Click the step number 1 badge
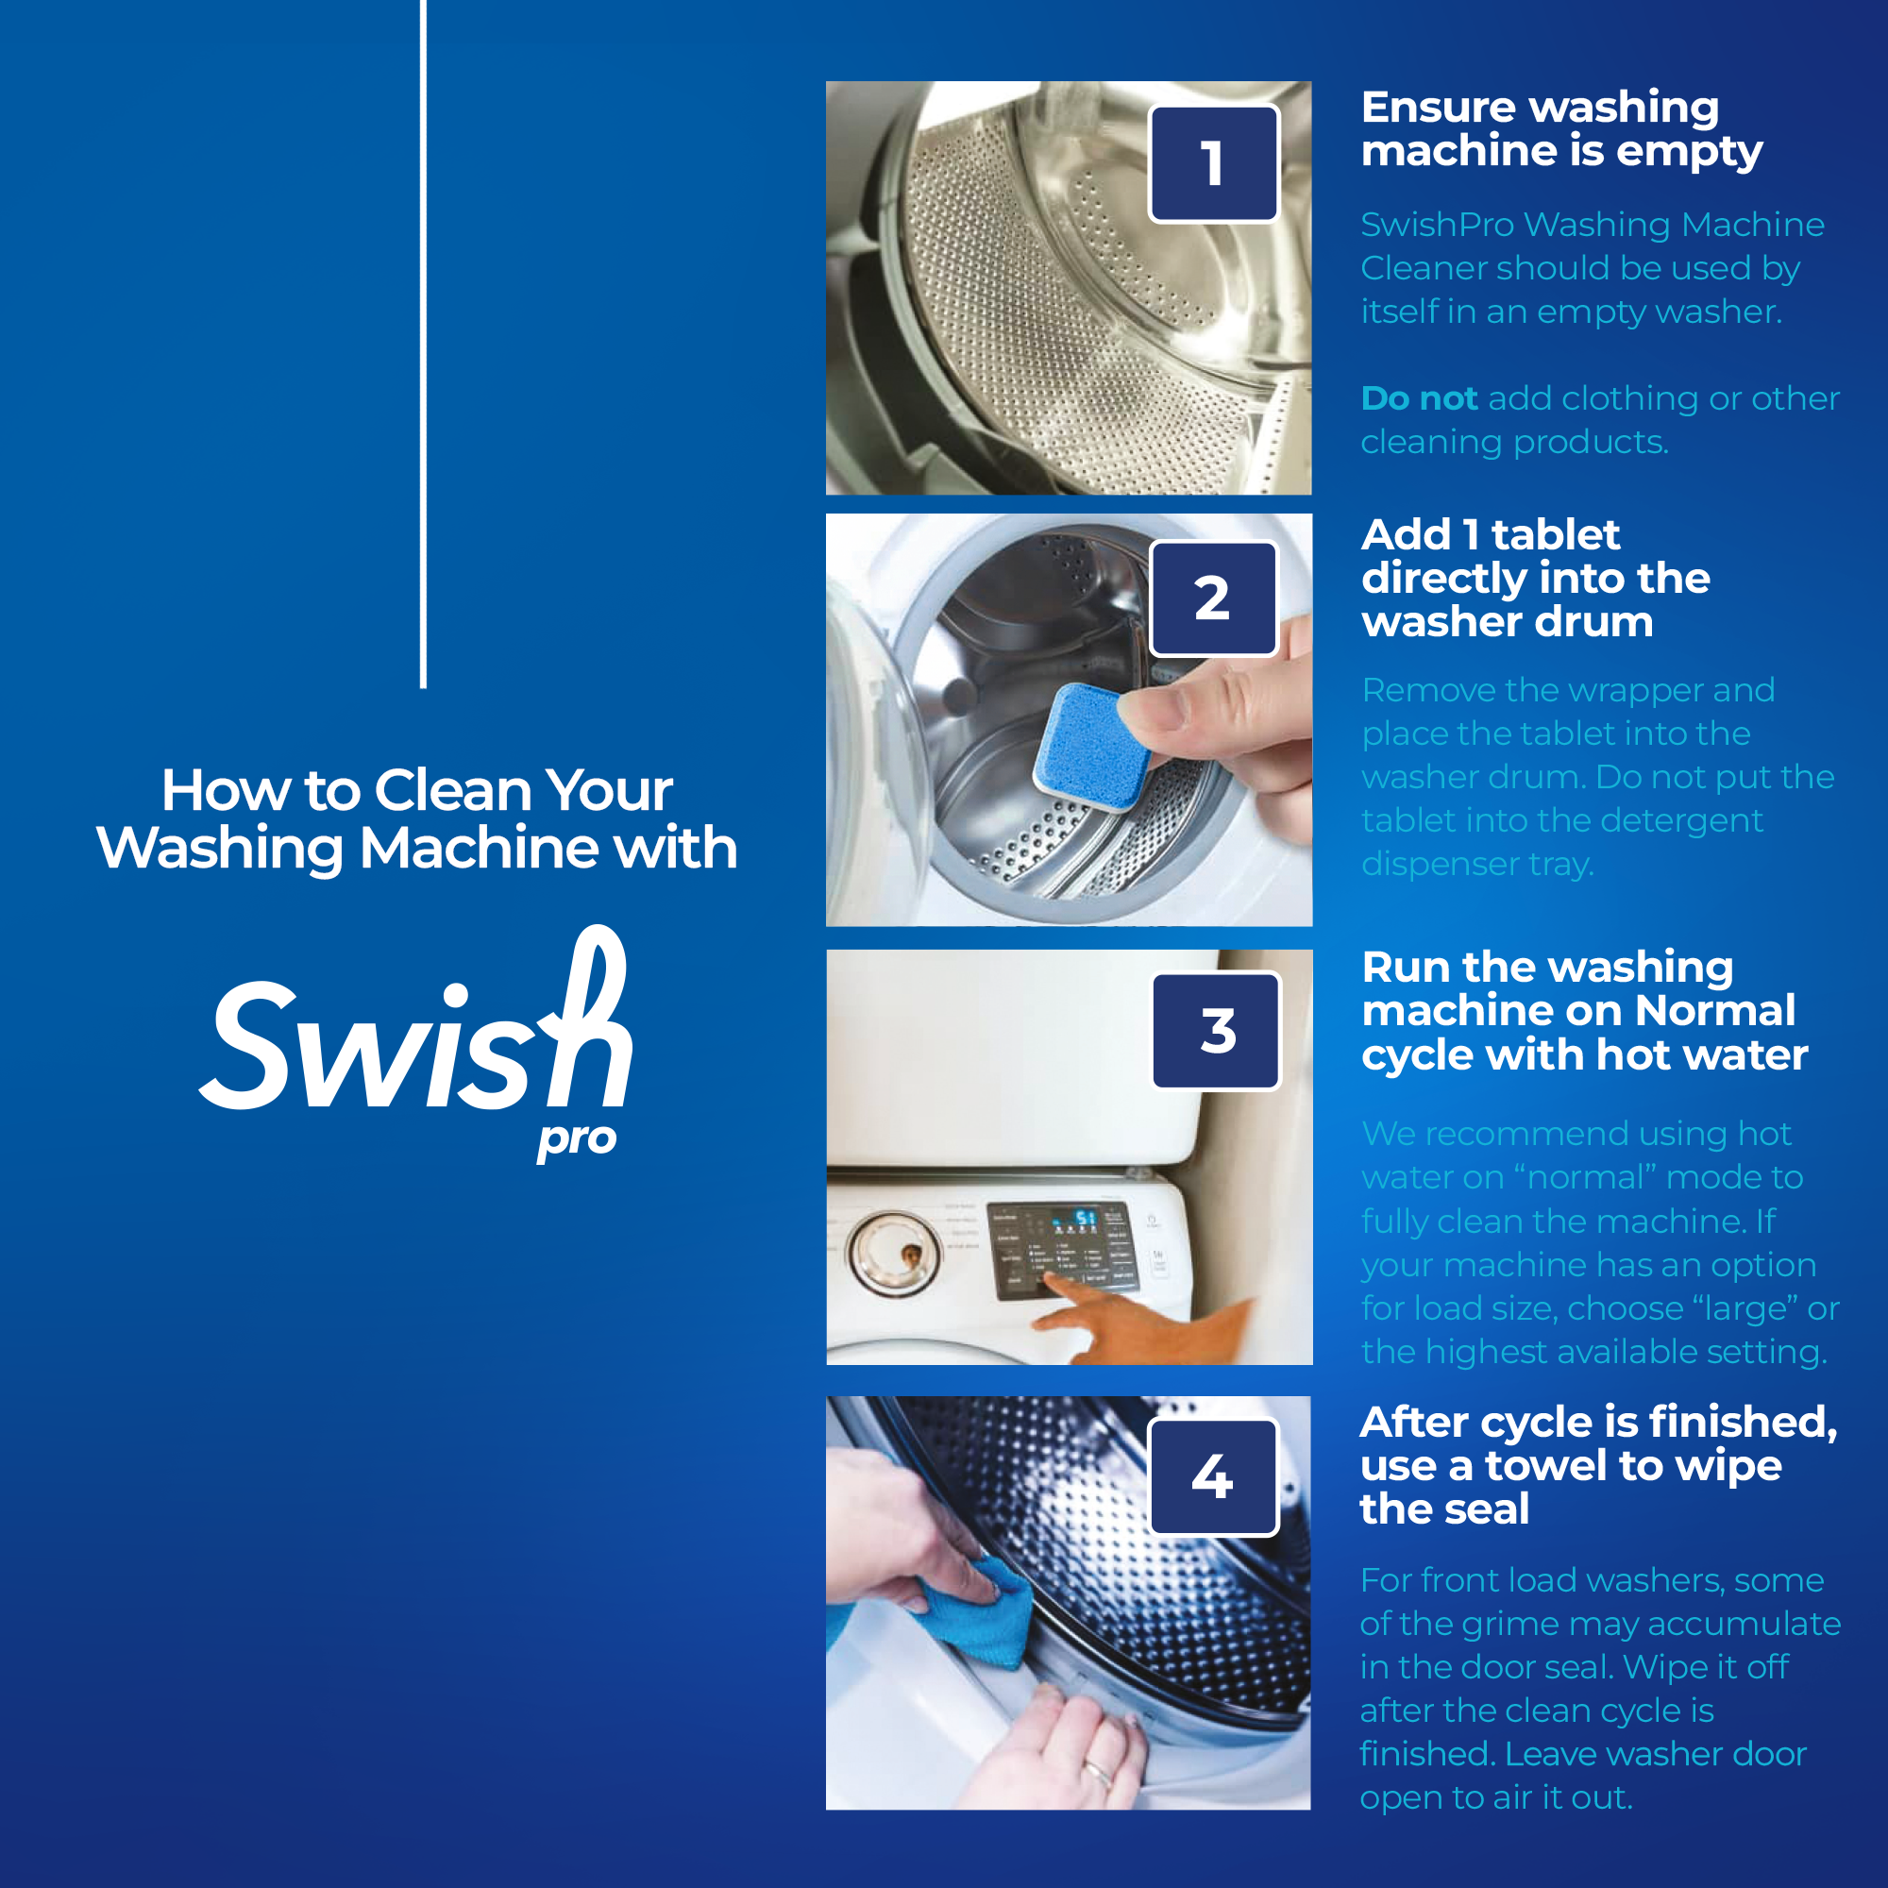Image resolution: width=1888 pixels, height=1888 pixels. pos(1214,163)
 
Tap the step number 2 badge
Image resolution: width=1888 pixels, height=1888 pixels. pos(1214,598)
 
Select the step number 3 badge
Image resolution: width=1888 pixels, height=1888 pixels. pos(1217,1031)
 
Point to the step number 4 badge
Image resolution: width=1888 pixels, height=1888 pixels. pos(1213,1476)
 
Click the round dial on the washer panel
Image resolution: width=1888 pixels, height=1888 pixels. pos(894,1254)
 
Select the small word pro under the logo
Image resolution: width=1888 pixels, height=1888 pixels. pos(577,1140)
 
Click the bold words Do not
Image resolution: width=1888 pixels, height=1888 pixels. pos(1419,398)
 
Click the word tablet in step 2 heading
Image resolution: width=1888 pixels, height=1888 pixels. pos(1556,534)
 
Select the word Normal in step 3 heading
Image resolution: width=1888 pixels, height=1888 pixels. pos(1715,1010)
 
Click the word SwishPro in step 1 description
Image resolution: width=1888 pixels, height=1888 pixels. pos(1437,225)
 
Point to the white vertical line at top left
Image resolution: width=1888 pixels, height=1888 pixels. pos(423,342)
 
